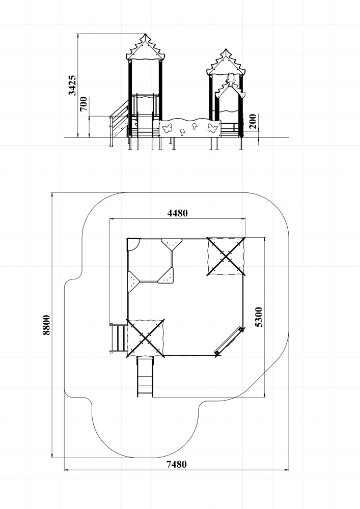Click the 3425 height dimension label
73,86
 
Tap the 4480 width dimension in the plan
178,213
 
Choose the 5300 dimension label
259,317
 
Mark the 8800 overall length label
46,325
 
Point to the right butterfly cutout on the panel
213,128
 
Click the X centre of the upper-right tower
226,256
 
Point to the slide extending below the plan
145,377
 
